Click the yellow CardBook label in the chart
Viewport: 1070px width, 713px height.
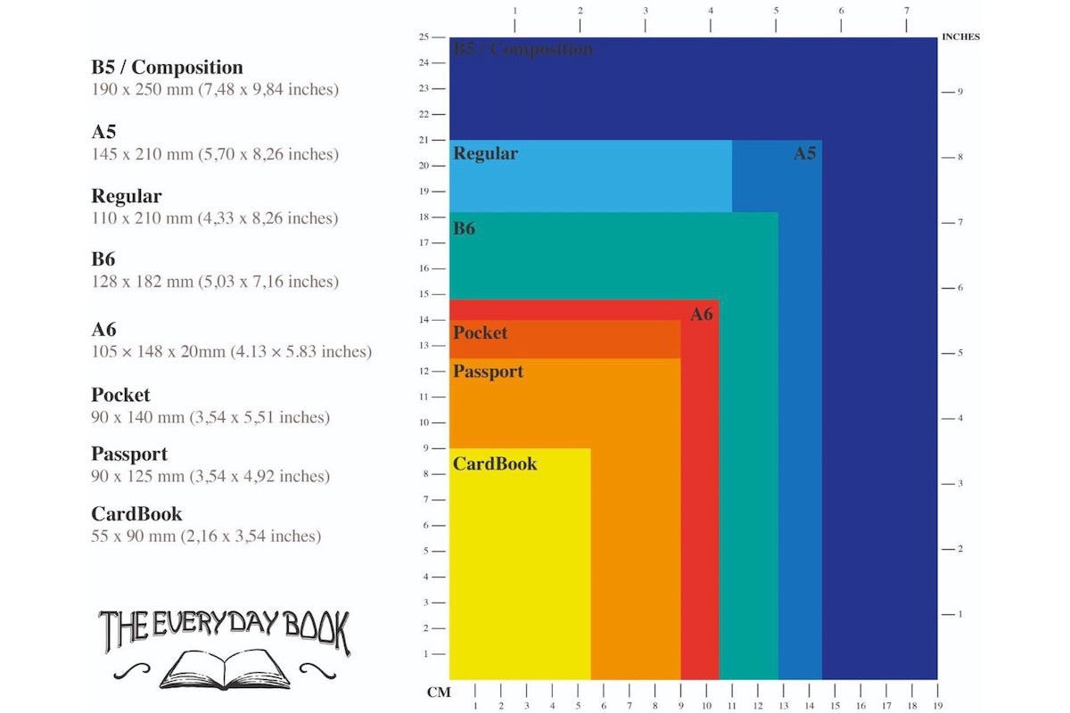pos(495,464)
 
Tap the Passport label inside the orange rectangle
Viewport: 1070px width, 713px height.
pos(488,372)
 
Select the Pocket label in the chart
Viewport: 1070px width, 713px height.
pos(480,333)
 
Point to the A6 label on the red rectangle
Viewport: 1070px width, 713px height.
pos(702,315)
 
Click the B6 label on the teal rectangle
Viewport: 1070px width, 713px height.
pos(464,229)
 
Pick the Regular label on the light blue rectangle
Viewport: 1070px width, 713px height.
pos(485,153)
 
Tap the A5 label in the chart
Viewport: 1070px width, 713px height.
pos(805,153)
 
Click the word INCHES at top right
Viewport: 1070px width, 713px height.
pos(960,37)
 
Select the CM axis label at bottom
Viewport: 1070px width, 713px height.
pos(439,693)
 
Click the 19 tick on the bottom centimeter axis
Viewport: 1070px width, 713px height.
pos(937,706)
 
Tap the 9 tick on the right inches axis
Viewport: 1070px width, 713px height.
pos(960,92)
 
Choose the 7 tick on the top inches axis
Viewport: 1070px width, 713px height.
pos(907,11)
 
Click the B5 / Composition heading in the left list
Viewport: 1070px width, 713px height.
pos(167,68)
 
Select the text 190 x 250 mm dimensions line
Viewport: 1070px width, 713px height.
pos(215,90)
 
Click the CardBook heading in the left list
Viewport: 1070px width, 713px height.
pos(136,514)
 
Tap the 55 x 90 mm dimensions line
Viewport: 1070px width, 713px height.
pos(206,537)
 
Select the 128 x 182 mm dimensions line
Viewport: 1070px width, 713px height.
pos(215,282)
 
